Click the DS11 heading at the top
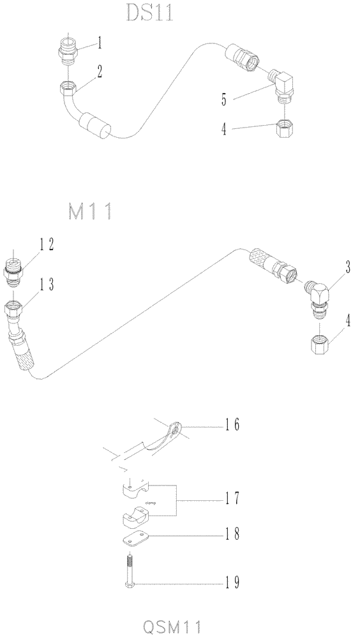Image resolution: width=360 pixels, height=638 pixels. tap(149, 12)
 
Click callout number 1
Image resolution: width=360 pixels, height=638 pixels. tap(101, 43)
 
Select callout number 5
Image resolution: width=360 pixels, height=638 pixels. tap(223, 100)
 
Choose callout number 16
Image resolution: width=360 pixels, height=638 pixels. tap(232, 424)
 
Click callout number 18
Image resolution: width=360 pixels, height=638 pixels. tap(232, 535)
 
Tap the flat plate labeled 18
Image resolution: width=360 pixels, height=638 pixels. tap(134, 540)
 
